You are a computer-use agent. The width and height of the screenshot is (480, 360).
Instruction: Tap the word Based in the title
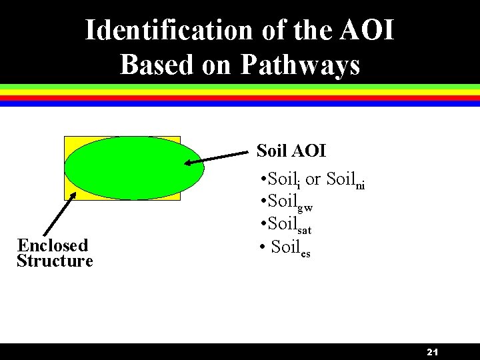(151, 65)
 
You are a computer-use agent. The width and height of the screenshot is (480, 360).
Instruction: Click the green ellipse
(134, 167)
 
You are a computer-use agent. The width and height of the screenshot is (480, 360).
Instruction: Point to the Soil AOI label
(291, 151)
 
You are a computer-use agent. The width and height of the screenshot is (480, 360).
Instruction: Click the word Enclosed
(53, 245)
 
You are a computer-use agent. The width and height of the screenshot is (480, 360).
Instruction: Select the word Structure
(55, 261)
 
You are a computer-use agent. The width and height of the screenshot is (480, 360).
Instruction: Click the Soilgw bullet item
(289, 202)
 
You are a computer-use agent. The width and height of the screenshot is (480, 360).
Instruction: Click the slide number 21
(431, 352)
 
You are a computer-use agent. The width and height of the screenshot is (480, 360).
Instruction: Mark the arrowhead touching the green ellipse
(190, 163)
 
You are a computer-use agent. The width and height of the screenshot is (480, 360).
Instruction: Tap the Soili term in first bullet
(285, 181)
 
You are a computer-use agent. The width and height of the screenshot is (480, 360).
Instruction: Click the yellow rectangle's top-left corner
(65, 137)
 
